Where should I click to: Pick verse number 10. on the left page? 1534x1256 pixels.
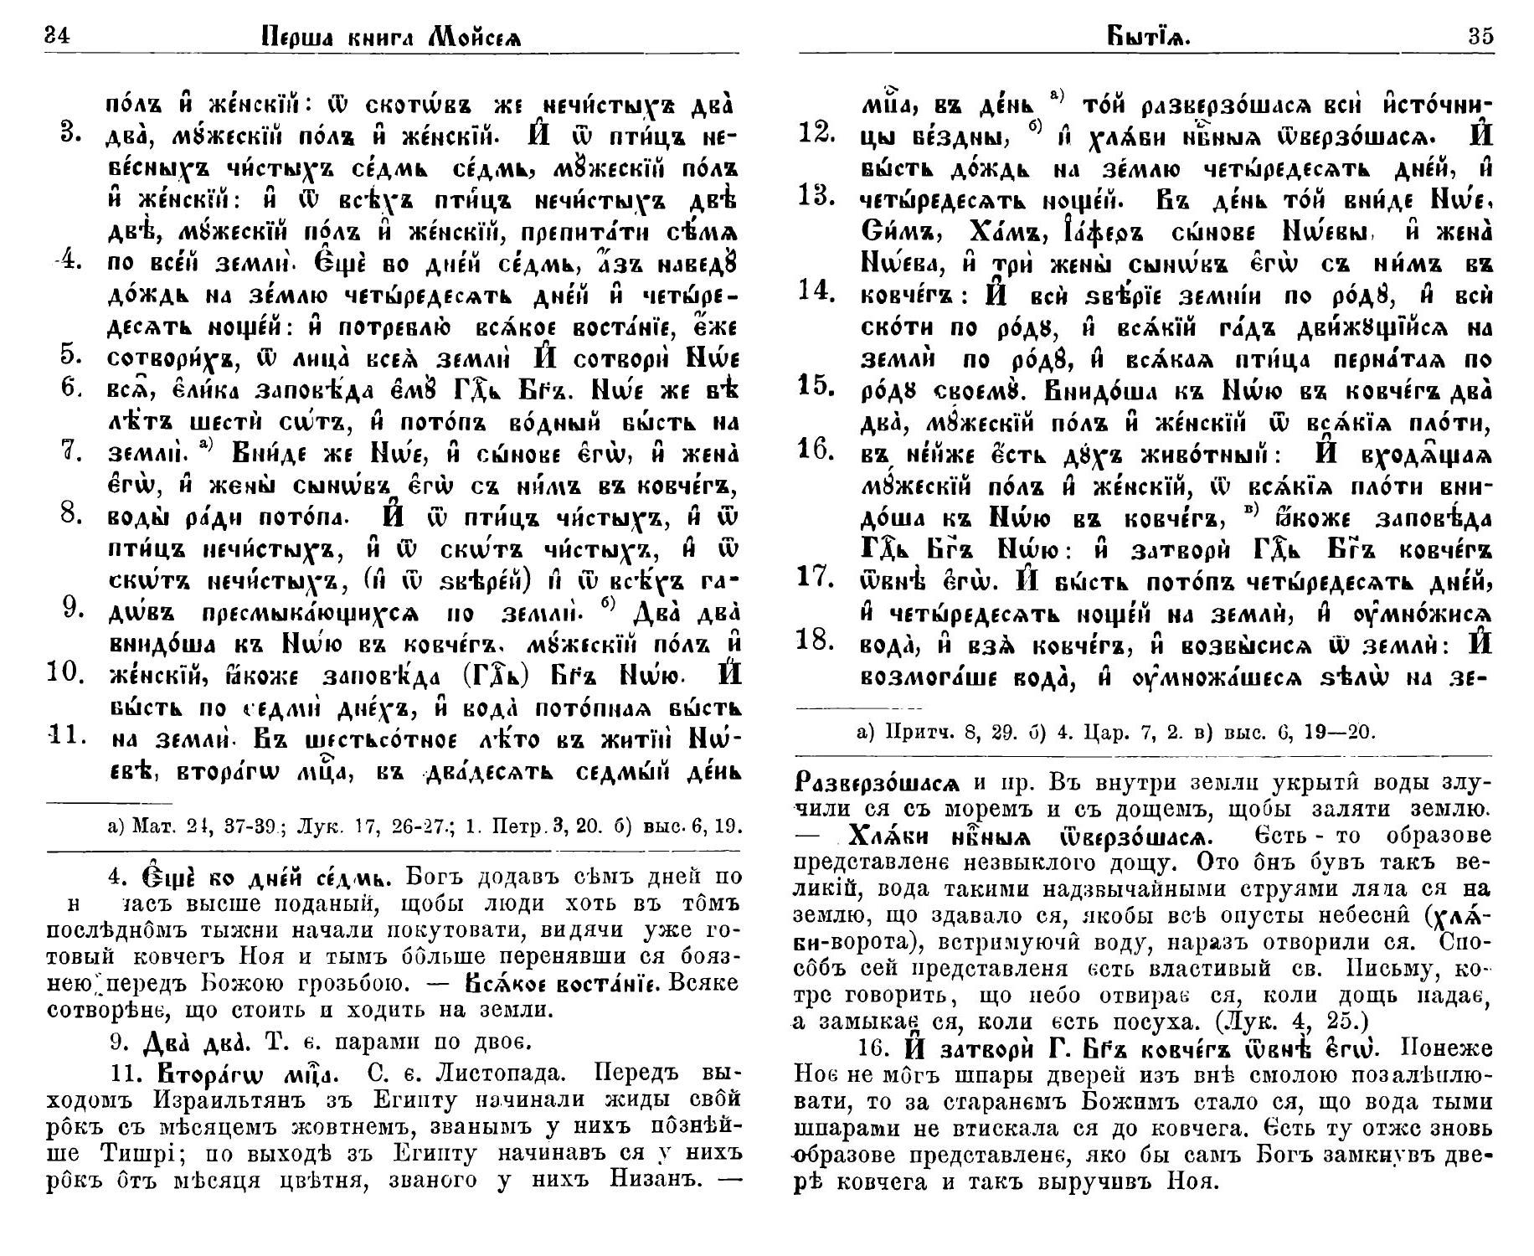click(69, 672)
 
